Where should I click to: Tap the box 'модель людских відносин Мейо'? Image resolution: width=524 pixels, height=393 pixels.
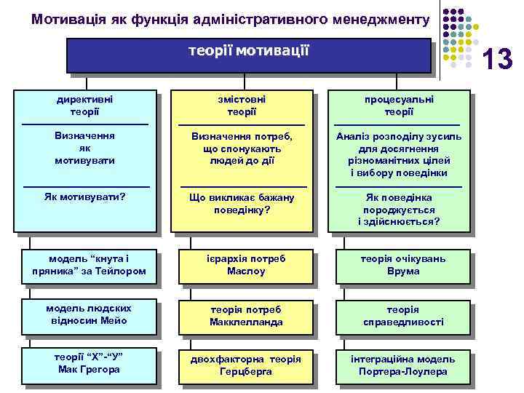pyautogui.click(x=88, y=315)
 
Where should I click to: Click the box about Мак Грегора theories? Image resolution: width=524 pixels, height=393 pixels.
pyautogui.click(x=88, y=364)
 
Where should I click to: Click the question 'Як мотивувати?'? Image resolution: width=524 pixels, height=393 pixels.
pyautogui.click(x=85, y=196)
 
